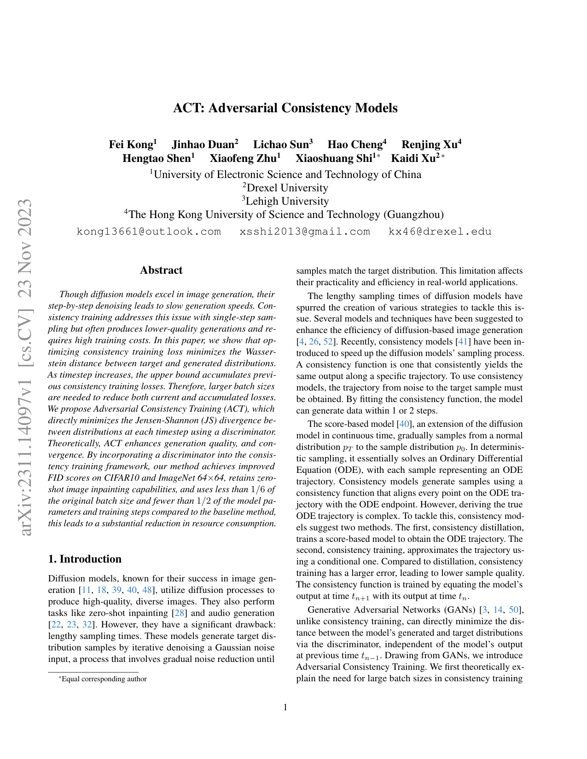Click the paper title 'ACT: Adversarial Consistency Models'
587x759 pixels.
(285, 108)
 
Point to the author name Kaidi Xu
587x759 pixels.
(415, 158)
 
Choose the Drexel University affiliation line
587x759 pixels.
(285, 188)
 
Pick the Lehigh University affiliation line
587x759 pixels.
(285, 201)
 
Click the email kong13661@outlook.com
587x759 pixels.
(149, 231)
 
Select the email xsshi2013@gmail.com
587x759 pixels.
(305, 231)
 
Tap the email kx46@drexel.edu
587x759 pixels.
(440, 231)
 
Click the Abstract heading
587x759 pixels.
(161, 270)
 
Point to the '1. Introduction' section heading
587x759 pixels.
(85, 559)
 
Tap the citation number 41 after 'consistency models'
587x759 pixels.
(463, 342)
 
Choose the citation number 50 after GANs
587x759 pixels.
(514, 610)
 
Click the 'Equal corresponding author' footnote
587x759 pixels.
(104, 679)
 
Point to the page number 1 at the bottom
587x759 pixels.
(285, 707)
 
